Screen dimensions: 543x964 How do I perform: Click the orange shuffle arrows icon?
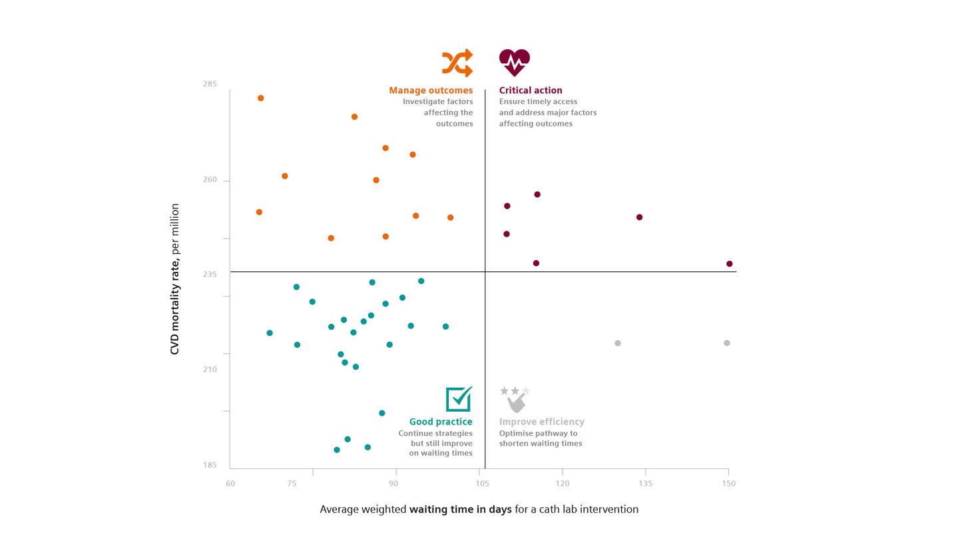(457, 63)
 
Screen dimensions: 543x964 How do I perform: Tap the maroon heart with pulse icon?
(514, 63)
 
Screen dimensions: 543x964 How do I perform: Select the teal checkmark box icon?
(459, 399)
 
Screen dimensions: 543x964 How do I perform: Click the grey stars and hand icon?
(515, 399)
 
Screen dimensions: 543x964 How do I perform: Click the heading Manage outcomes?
(431, 91)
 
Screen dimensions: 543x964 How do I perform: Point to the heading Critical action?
(531, 91)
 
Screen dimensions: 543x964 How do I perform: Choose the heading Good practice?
(441, 422)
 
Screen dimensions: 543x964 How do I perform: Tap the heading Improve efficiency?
(542, 422)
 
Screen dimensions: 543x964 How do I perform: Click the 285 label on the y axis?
(210, 84)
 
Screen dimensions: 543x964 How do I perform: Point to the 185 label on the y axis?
(210, 465)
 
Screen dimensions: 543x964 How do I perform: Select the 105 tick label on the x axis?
(482, 484)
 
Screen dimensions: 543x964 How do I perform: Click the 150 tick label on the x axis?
(728, 484)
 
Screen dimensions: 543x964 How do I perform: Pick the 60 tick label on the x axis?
(230, 484)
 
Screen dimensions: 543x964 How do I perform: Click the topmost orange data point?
(261, 99)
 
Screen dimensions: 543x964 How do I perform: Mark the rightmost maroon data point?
(730, 264)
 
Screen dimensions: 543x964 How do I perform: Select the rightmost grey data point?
(727, 343)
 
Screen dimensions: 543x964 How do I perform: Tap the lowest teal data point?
(337, 450)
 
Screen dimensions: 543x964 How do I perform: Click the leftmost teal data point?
(270, 333)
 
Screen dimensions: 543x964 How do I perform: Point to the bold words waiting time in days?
(460, 510)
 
